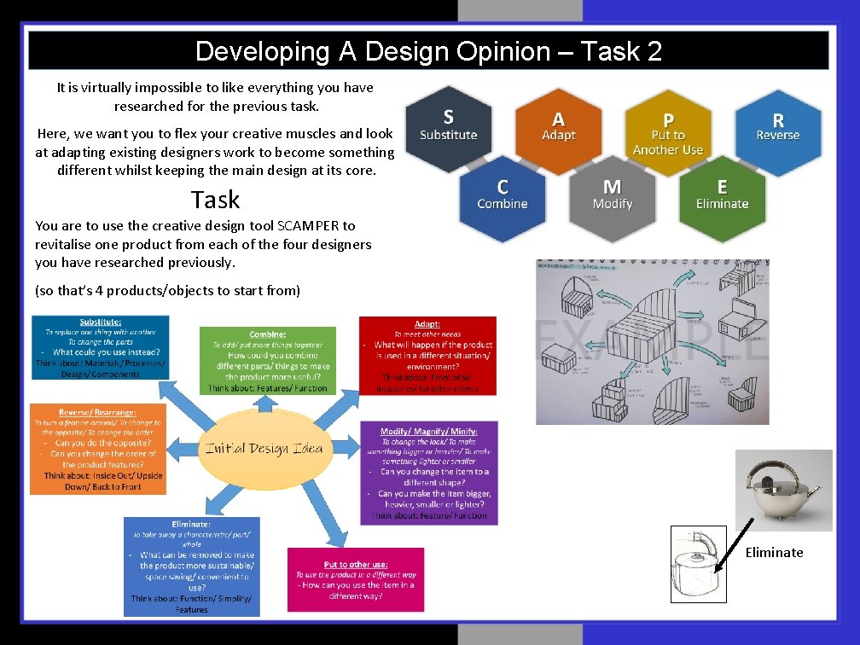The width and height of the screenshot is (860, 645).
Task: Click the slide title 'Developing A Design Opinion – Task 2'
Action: [x=428, y=51]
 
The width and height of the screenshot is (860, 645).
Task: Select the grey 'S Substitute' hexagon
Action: [x=448, y=126]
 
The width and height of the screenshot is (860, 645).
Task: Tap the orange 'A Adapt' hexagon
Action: [x=558, y=128]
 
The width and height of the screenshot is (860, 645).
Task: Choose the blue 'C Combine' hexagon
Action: [x=502, y=195]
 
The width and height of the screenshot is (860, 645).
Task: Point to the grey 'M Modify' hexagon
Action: [x=612, y=195]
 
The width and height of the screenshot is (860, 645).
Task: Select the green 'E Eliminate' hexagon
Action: [x=722, y=195]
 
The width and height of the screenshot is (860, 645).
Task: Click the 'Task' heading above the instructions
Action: [x=215, y=200]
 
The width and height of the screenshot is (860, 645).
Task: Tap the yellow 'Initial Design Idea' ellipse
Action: [x=264, y=448]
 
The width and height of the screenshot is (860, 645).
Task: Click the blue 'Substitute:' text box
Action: [x=100, y=347]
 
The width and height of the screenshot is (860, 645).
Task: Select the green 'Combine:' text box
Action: [x=267, y=360]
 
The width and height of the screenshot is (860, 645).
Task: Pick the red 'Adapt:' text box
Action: [x=427, y=356]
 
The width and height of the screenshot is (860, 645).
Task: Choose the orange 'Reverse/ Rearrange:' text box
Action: [x=98, y=449]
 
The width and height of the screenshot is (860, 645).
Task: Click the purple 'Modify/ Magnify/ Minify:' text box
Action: [x=428, y=473]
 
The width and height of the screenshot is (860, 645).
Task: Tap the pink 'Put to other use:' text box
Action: [x=355, y=579]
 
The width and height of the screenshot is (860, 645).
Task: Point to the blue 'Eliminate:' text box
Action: [x=191, y=566]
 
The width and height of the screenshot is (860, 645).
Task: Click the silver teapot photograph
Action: [x=783, y=491]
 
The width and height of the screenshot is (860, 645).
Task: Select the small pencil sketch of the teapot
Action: [x=699, y=564]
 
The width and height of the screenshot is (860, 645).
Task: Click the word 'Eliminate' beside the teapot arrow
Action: [x=774, y=553]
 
